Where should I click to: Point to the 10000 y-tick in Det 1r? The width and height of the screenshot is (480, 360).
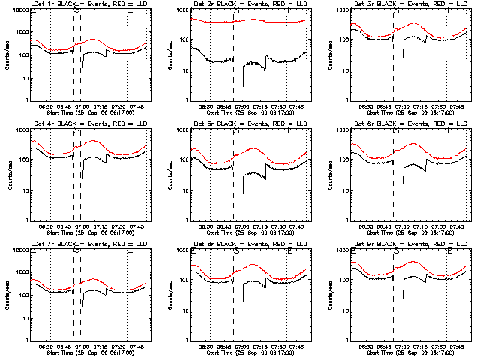click(20, 11)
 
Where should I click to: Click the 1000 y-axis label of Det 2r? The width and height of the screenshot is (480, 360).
click(181, 11)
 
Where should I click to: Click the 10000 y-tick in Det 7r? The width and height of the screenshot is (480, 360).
click(20, 250)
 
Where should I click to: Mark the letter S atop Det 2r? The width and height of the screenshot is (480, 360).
click(236, 11)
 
